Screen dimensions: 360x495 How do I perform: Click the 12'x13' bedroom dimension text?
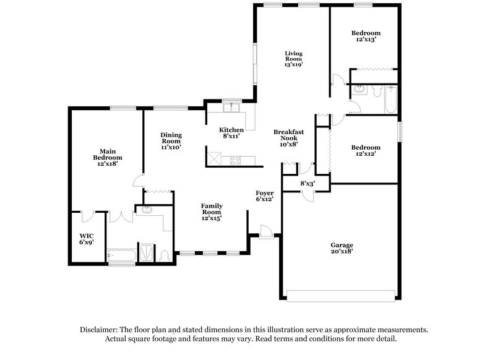click(366, 40)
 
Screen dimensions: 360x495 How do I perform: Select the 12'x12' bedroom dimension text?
click(366, 155)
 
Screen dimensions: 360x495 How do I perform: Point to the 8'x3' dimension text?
click(308, 184)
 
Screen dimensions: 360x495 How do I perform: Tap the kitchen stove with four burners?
click(236, 160)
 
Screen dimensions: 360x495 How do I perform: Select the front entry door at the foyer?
click(265, 231)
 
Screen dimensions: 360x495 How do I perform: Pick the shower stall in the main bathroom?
click(147, 252)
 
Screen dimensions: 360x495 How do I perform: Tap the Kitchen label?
click(231, 130)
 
